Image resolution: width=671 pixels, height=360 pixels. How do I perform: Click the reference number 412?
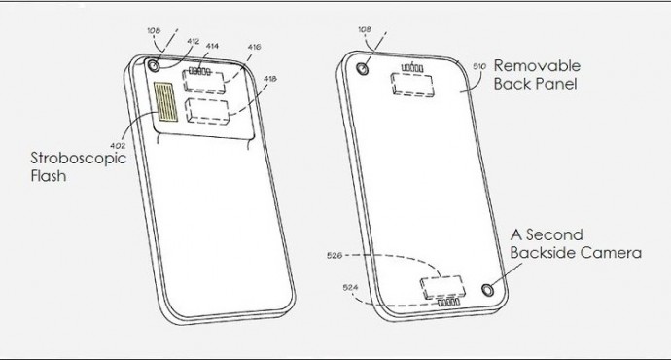(x=193, y=42)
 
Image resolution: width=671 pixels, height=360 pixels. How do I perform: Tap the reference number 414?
(x=212, y=46)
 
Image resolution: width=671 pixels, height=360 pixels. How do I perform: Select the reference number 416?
(x=254, y=47)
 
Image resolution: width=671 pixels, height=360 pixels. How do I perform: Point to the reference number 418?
(x=270, y=79)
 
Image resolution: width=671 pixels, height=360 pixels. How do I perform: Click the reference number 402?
(x=118, y=146)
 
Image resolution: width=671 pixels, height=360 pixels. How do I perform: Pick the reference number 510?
(x=479, y=67)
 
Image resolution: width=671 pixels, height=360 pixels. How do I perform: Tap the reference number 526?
(x=335, y=256)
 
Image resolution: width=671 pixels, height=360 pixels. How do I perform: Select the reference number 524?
(x=350, y=288)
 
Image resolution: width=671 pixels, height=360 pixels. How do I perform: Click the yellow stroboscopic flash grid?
(x=165, y=102)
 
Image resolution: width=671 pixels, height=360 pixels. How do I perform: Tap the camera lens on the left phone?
(x=154, y=66)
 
